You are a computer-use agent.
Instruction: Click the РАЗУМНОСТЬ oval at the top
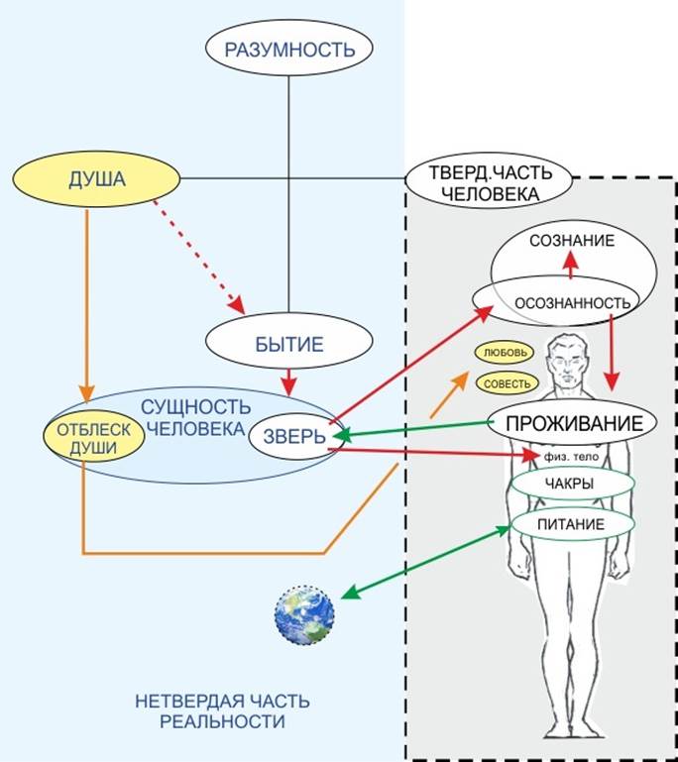point(287,49)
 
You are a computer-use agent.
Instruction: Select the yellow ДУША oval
point(95,180)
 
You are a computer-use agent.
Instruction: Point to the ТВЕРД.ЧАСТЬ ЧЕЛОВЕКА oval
point(490,182)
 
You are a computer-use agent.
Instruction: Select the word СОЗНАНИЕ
point(571,241)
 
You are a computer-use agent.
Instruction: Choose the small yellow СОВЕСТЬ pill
point(506,382)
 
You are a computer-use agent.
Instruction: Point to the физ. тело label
point(568,457)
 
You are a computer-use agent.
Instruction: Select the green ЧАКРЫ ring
point(570,485)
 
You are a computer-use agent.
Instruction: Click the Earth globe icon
point(304,614)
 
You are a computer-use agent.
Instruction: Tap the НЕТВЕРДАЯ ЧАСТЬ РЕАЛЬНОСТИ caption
point(222,711)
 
